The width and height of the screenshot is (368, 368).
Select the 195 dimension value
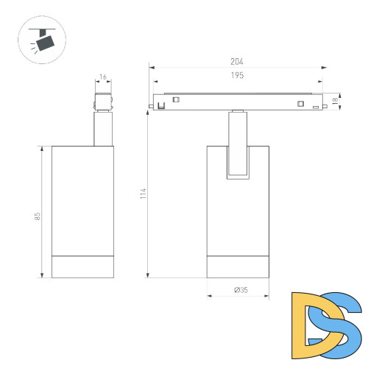(x=236, y=76)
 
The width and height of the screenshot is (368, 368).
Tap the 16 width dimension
(x=103, y=77)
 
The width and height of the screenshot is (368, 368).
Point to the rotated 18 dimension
(x=336, y=102)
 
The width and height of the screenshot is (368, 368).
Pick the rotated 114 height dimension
(x=143, y=194)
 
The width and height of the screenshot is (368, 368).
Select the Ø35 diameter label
(x=240, y=290)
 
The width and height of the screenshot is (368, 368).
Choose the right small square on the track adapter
(x=300, y=103)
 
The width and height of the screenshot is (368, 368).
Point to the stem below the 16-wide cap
(x=103, y=130)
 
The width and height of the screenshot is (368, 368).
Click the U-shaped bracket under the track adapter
(x=238, y=158)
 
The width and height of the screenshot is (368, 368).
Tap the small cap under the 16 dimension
(x=103, y=102)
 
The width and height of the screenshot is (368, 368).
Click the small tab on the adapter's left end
(x=150, y=107)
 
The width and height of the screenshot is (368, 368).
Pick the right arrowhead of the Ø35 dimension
(x=269, y=296)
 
